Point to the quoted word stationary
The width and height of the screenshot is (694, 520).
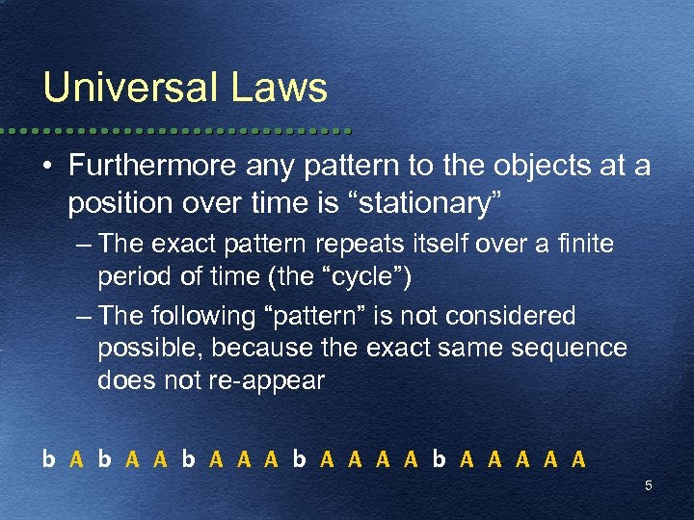433,203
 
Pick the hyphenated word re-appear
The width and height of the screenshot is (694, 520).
268,379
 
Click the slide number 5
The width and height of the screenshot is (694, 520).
648,485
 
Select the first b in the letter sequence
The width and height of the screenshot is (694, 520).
48,458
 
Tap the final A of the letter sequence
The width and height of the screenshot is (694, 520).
578,458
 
